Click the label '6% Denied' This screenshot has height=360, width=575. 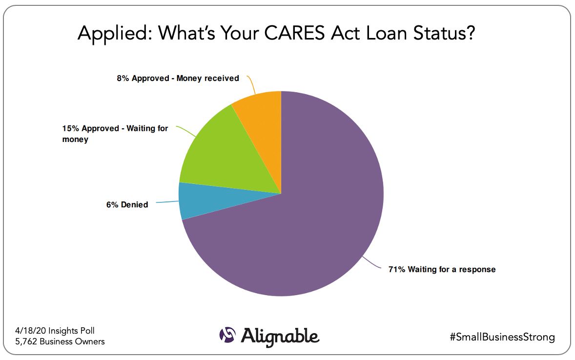[x=127, y=204]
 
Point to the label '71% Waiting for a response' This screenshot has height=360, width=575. [x=442, y=269]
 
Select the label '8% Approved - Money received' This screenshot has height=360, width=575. [x=178, y=79]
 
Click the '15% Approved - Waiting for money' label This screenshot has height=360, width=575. [x=115, y=134]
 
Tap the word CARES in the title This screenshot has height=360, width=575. [x=294, y=33]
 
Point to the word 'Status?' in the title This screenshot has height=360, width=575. [x=444, y=33]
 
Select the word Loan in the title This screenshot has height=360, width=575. [x=387, y=33]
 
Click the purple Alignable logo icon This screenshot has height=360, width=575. [x=227, y=335]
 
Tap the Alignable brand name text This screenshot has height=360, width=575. [x=280, y=337]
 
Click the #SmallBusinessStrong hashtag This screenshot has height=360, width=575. [x=502, y=337]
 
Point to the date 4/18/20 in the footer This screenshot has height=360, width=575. [x=30, y=331]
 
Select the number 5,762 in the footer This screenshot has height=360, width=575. [x=26, y=341]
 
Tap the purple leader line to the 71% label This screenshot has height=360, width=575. [x=371, y=263]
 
